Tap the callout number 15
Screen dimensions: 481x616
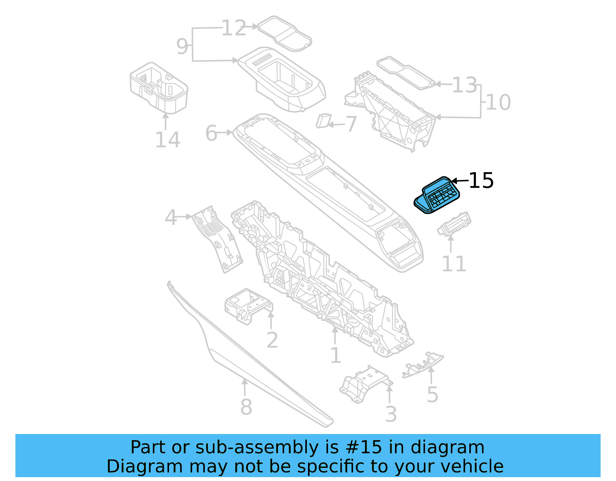coord(481,181)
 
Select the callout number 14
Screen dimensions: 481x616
coord(167,140)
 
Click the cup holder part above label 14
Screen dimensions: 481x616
coord(159,88)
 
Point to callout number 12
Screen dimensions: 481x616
coord(234,28)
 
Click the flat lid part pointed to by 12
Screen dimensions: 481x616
coord(285,34)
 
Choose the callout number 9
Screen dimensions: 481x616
coord(182,46)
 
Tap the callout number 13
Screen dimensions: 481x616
coord(465,85)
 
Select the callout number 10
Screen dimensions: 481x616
coord(499,102)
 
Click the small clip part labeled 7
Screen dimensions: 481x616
coord(323,121)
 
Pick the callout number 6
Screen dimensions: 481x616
coord(211,133)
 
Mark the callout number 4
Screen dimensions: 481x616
coord(171,218)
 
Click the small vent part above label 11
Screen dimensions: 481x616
coord(454,224)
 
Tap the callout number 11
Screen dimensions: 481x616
coord(454,264)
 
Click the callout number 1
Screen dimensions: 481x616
coord(336,355)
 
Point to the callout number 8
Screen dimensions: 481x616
coord(246,407)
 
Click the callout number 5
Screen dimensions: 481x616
coord(432,395)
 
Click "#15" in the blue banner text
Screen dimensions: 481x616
coord(364,447)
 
